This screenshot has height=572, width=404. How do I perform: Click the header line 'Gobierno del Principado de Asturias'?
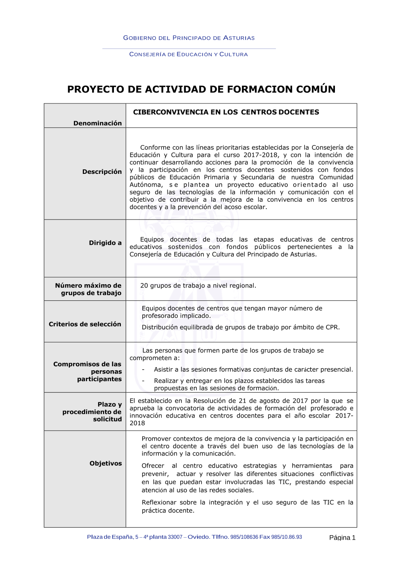[189, 38]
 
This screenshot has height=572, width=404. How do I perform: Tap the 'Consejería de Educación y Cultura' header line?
[188, 54]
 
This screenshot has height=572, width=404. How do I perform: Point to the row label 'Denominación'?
[97, 123]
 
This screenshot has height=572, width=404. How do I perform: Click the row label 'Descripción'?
[102, 172]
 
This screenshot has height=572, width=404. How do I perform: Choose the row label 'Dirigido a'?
[105, 243]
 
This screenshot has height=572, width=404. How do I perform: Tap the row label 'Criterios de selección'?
[85, 324]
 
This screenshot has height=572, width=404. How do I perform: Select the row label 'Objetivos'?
[105, 464]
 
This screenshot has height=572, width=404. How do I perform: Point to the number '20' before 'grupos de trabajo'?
[144, 286]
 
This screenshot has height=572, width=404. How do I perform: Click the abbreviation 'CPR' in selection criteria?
[332, 327]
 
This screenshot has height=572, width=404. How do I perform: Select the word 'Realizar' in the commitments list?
[167, 381]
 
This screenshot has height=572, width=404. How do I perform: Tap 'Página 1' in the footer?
[342, 538]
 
